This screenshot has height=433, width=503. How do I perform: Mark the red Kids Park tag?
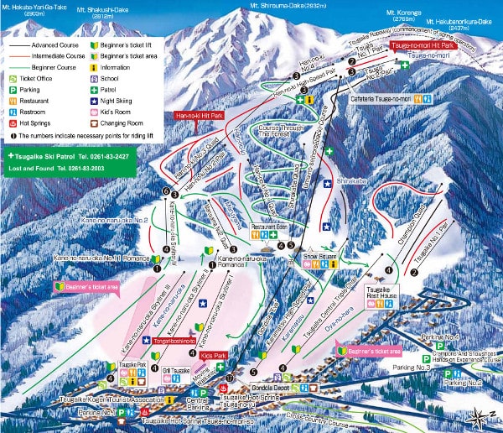[215, 356]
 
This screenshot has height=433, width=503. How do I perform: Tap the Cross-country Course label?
[317, 413]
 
